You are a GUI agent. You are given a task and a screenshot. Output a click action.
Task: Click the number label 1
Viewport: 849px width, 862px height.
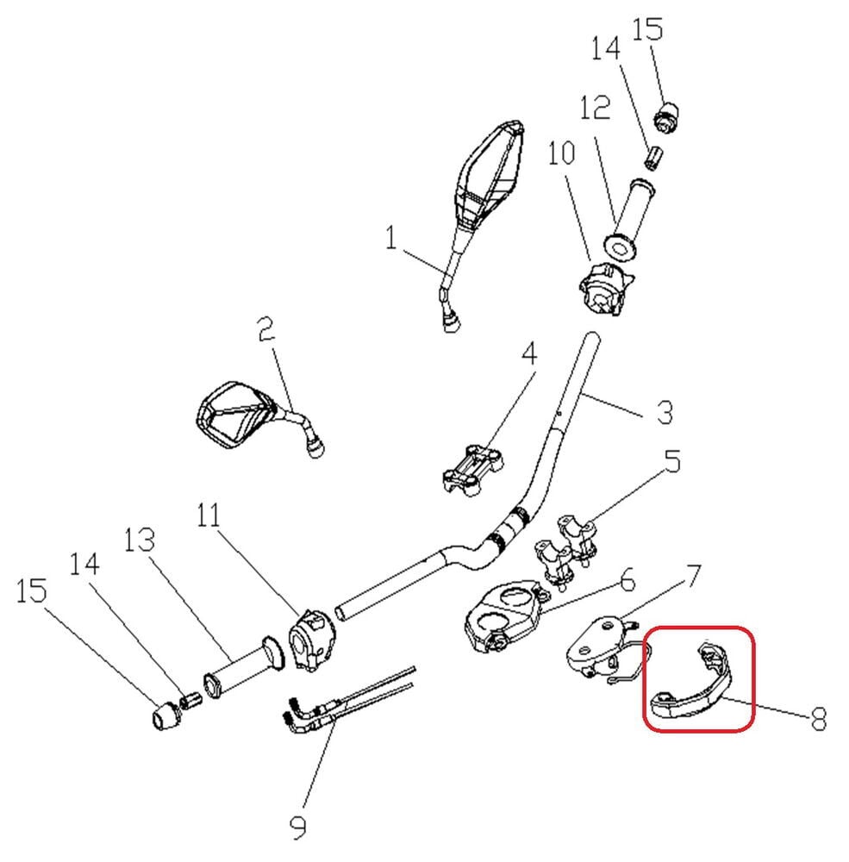(392, 236)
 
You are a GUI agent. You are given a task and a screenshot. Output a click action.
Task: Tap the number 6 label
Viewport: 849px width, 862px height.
(627, 581)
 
